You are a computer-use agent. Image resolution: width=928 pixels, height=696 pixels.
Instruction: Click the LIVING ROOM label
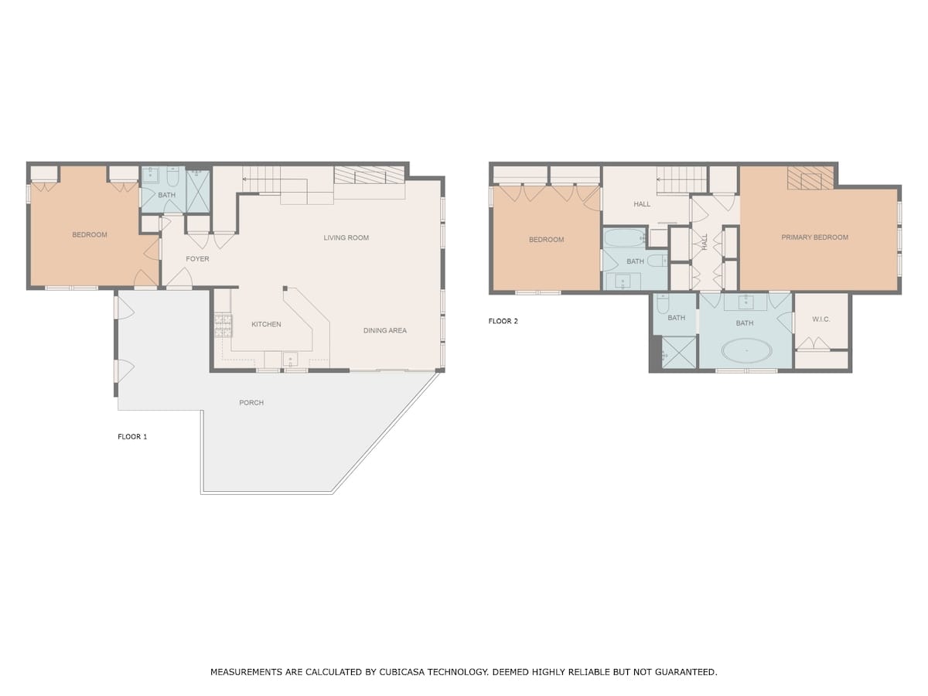coord(346,238)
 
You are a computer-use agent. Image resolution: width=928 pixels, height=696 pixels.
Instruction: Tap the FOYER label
coord(197,258)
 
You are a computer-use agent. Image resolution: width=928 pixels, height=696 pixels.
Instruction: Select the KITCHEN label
coord(266,324)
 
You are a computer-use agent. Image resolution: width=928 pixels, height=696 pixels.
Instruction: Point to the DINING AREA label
coord(384,330)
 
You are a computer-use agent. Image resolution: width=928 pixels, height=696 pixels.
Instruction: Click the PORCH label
coord(251,403)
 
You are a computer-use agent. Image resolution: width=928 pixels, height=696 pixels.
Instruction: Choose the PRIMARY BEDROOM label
coord(814,237)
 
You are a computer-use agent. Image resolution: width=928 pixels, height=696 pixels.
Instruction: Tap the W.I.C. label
coord(821,319)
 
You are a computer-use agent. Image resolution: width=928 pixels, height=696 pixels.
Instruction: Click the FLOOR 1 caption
coord(132,436)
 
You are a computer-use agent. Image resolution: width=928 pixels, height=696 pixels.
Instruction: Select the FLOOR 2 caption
coord(503,321)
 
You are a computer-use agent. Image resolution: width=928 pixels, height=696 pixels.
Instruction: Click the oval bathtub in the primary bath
coord(746,350)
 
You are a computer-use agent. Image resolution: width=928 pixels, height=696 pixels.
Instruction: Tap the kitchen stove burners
coord(223,326)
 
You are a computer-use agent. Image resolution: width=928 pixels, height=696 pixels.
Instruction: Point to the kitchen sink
coord(291,360)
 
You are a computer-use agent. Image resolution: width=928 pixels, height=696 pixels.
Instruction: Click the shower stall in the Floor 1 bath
coord(198,192)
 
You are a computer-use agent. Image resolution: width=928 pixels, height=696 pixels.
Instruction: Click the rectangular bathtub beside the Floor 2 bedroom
coord(624,238)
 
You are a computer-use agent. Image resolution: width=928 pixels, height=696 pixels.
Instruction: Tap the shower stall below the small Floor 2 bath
coord(678,352)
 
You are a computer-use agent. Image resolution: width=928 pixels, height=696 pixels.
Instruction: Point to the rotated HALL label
coord(705,242)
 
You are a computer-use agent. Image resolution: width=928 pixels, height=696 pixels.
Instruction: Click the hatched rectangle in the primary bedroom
coord(810,178)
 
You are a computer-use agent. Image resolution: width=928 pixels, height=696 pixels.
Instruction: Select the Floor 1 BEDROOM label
coord(90,234)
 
